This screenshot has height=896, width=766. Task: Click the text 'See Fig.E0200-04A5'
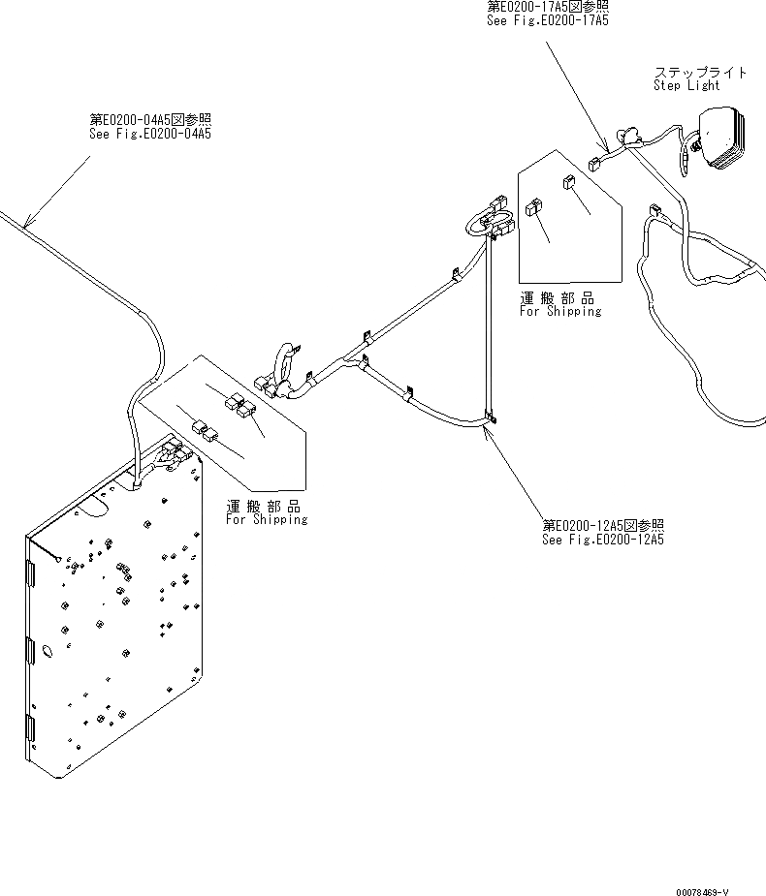pyautogui.click(x=149, y=134)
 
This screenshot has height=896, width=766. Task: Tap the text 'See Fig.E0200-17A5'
pyautogui.click(x=548, y=19)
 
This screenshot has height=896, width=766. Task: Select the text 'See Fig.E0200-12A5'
pyautogui.click(x=603, y=540)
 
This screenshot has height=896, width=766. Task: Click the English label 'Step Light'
pyautogui.click(x=686, y=85)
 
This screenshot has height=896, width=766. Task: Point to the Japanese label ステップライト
pyautogui.click(x=700, y=72)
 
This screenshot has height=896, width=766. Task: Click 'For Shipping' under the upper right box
pyautogui.click(x=559, y=311)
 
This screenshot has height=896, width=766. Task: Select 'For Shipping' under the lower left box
pyautogui.click(x=267, y=519)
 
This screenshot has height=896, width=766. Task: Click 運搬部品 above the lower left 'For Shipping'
pyautogui.click(x=263, y=507)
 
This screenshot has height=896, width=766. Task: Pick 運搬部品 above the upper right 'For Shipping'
pyautogui.click(x=557, y=298)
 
